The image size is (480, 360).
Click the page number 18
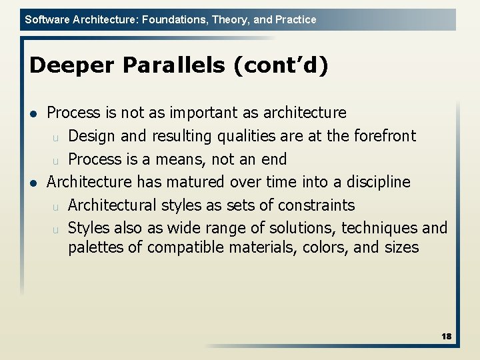446,337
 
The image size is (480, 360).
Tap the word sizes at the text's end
401,248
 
